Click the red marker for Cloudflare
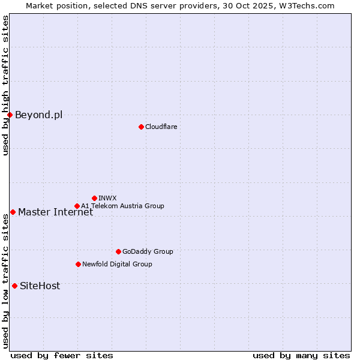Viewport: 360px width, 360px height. (x=141, y=127)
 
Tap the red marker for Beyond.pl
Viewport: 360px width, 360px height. (x=10, y=115)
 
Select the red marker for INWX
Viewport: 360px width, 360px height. (x=94, y=198)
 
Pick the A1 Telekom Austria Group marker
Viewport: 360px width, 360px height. (x=77, y=206)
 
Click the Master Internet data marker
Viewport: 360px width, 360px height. (x=13, y=212)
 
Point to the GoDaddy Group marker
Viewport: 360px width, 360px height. (x=118, y=251)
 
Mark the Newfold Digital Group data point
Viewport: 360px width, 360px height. (x=78, y=264)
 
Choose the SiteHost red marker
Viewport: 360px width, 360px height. (x=14, y=286)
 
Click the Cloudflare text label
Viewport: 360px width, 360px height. (x=161, y=127)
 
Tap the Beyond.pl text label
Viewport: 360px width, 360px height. (x=38, y=115)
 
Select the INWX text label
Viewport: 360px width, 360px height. (x=107, y=198)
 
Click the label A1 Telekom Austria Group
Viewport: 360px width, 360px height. (x=122, y=206)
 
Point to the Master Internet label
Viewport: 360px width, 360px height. (x=55, y=212)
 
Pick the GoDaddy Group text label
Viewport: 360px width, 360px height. (x=148, y=251)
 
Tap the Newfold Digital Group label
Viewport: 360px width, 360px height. (x=117, y=264)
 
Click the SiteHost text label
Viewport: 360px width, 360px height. (x=40, y=286)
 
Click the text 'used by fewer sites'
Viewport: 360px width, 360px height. (x=62, y=355)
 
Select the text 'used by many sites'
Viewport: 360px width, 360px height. (x=301, y=355)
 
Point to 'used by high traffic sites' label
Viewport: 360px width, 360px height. (x=5, y=85)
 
